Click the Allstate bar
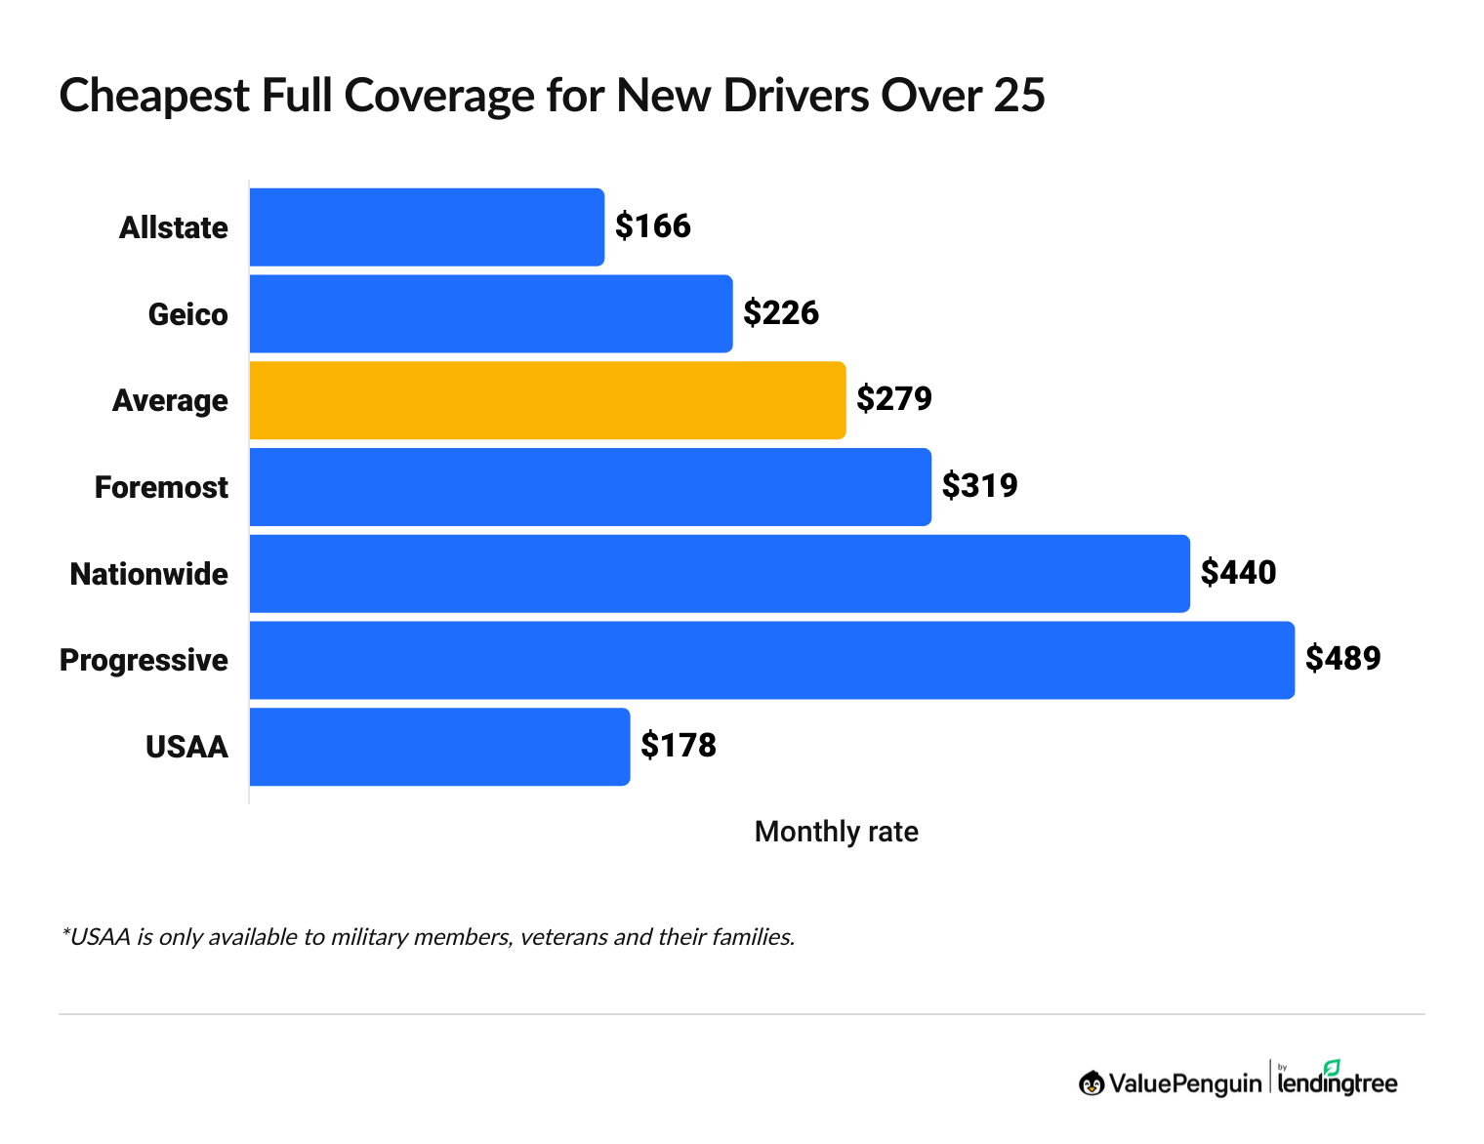click(427, 227)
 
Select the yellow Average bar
click(547, 400)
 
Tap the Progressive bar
click(771, 660)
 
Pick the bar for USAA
click(439, 747)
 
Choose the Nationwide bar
click(720, 574)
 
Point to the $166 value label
click(652, 226)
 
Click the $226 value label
click(780, 313)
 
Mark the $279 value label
click(893, 399)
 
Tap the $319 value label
click(979, 486)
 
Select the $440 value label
click(1238, 573)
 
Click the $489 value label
click(1342, 659)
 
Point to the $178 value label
click(678, 746)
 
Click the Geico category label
click(187, 314)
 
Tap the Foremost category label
click(161, 487)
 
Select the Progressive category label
click(144, 661)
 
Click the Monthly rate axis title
click(836, 832)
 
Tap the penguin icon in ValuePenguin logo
click(1092, 1083)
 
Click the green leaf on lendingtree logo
click(1332, 1067)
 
